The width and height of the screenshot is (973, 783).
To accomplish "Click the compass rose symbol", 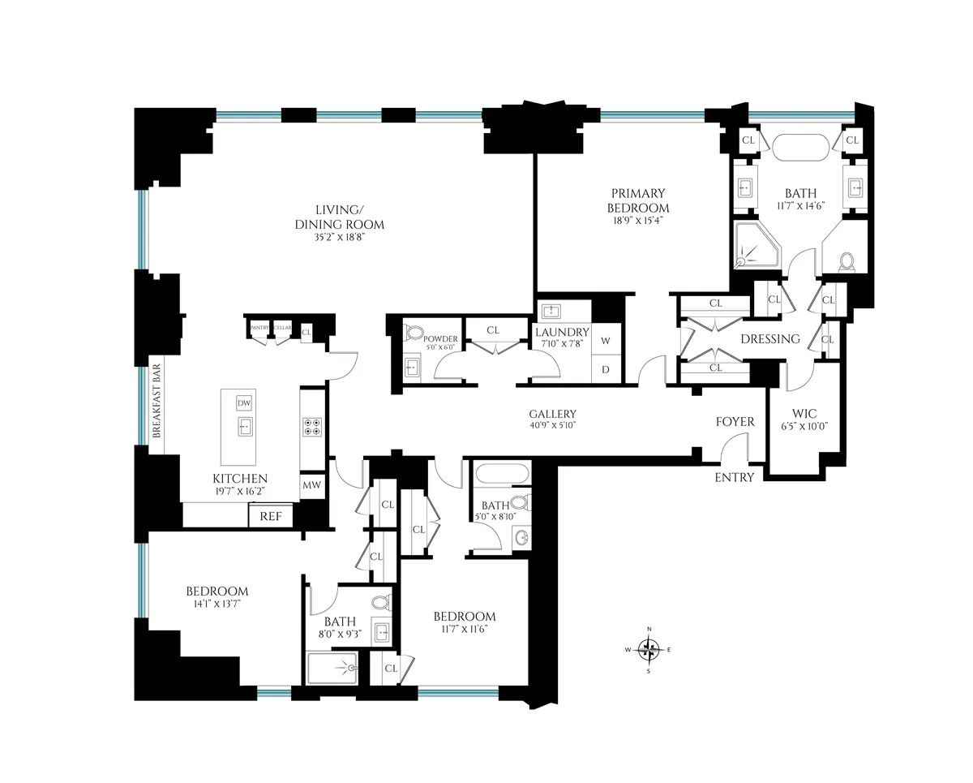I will (649, 648).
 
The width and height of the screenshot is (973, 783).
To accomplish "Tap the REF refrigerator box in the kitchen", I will (271, 516).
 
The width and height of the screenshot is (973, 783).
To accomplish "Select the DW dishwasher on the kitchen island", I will (244, 403).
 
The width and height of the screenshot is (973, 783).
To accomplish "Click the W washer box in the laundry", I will (605, 341).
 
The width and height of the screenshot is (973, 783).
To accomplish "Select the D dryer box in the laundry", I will (605, 370).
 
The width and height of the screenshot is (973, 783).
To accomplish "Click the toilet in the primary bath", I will (847, 261).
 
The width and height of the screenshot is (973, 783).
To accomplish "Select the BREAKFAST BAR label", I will (157, 403).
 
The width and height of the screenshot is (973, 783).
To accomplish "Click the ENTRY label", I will (735, 477).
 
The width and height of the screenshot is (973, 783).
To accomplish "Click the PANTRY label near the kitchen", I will (259, 327).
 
